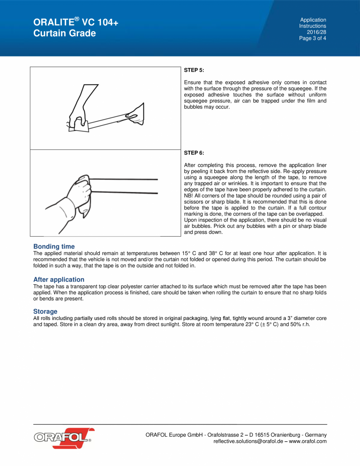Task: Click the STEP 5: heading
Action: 194,70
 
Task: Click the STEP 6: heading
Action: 194,153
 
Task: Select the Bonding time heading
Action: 54,247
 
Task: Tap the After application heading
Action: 59,280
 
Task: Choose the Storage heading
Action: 45,312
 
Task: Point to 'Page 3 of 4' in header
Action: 313,38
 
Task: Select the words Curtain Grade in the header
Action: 65,33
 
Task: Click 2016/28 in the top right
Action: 318,32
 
